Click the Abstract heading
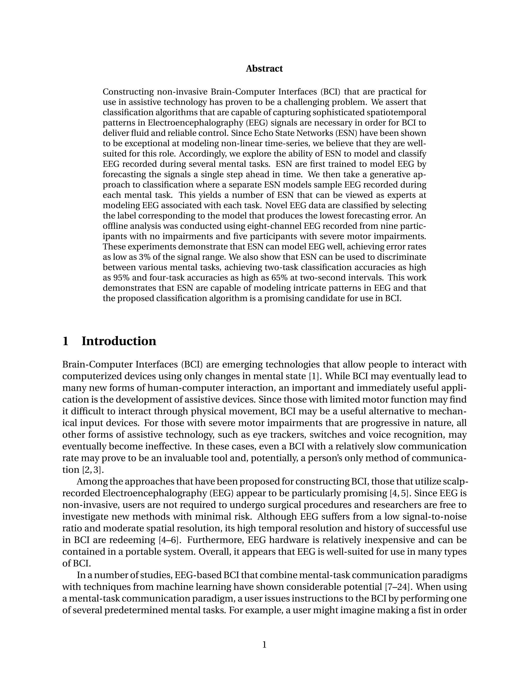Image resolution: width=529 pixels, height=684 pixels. point(264,69)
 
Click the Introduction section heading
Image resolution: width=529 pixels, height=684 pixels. point(119,341)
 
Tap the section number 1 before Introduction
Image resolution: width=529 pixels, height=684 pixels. point(66,341)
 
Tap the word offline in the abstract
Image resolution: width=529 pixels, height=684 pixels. point(115,226)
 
